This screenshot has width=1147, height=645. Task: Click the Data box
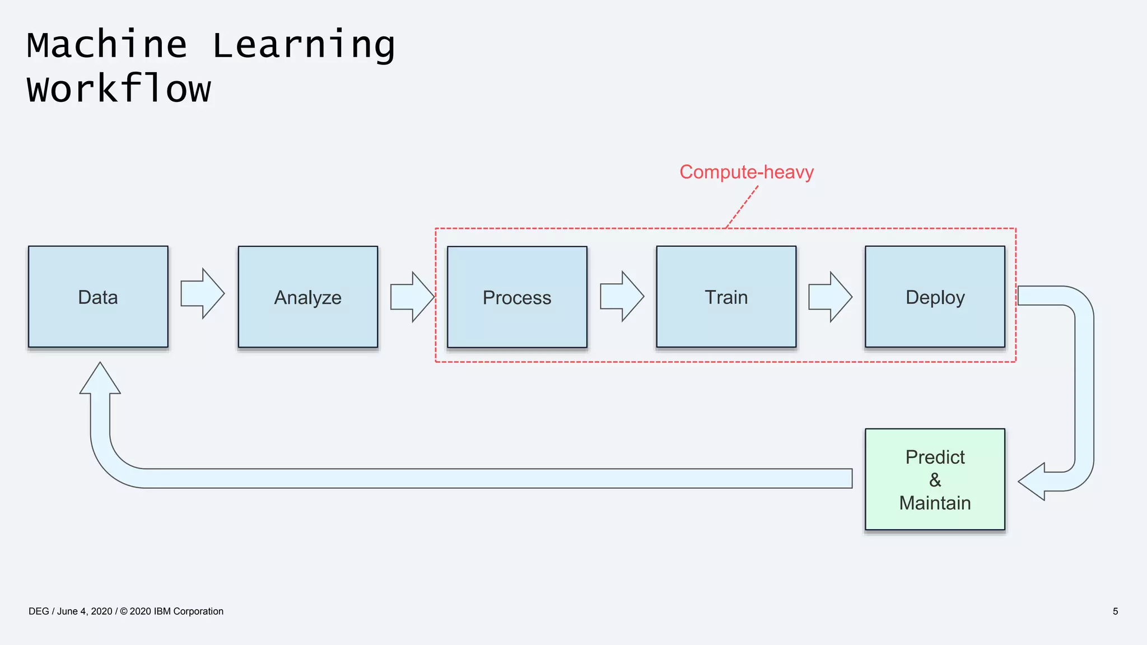[x=98, y=297]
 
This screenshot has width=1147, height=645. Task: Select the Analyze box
[x=307, y=297]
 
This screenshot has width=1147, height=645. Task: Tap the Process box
[x=517, y=297]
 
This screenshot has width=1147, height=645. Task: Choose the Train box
[x=726, y=297]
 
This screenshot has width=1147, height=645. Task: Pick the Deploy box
[x=935, y=297]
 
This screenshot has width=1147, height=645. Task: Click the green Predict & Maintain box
[x=935, y=479]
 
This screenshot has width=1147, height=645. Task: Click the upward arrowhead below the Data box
[x=100, y=380]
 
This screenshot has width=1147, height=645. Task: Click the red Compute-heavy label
[x=746, y=172]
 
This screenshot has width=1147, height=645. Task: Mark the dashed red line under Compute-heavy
[x=742, y=207]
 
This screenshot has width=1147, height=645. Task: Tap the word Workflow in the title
[x=119, y=89]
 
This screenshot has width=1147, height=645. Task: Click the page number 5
[x=1115, y=611]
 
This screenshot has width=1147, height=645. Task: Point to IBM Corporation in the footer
[x=188, y=611]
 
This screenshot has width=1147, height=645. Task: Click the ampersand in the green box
[x=935, y=480]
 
